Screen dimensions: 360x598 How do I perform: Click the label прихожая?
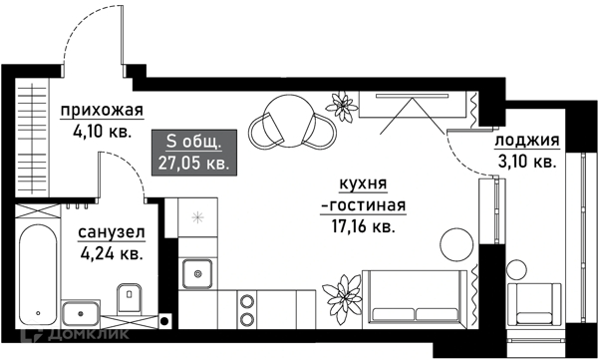click(x=101, y=110)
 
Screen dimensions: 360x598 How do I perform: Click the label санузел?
click(x=112, y=232)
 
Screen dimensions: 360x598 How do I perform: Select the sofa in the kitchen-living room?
click(x=417, y=298)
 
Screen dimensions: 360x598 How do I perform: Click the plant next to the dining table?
click(x=341, y=102)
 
